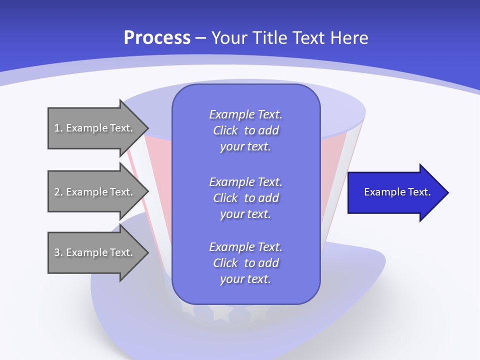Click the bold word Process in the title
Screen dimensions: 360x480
pyautogui.click(x=157, y=38)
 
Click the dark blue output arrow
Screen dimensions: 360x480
pyautogui.click(x=395, y=192)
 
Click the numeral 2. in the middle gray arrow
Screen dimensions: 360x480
pyautogui.click(x=58, y=192)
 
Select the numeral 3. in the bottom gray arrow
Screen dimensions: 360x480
pyautogui.click(x=58, y=252)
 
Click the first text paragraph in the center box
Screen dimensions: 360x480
pyautogui.click(x=245, y=130)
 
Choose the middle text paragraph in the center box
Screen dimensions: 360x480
pyautogui.click(x=245, y=198)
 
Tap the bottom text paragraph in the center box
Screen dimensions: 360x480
pyautogui.click(x=245, y=263)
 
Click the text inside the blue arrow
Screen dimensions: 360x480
pyautogui.click(x=397, y=192)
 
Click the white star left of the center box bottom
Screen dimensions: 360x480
pyautogui.click(x=188, y=310)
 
